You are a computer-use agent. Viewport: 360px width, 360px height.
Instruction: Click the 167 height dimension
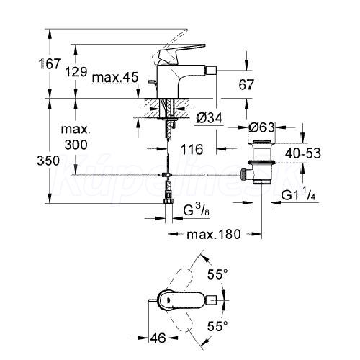click(x=50, y=64)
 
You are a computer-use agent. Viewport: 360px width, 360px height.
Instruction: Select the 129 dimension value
click(x=76, y=71)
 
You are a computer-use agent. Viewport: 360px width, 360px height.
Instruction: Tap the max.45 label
click(x=115, y=78)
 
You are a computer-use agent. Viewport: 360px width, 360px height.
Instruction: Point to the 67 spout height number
click(x=246, y=84)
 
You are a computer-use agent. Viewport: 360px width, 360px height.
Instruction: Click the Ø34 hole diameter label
click(x=210, y=117)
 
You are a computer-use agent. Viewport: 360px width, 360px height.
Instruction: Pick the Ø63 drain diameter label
click(x=261, y=127)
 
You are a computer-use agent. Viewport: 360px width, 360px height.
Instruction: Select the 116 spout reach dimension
click(x=192, y=149)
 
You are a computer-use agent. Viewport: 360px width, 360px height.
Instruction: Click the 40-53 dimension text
click(x=303, y=153)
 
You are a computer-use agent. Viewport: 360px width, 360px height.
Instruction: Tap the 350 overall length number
click(x=48, y=161)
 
